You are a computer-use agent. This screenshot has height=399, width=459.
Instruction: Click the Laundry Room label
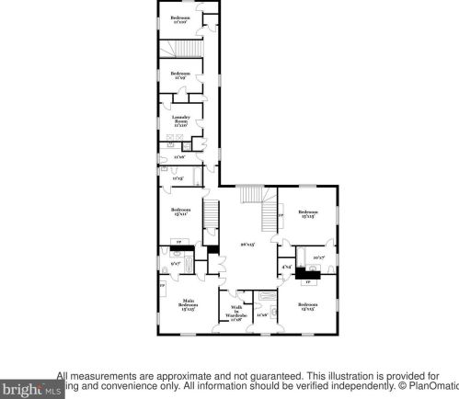pos(179,120)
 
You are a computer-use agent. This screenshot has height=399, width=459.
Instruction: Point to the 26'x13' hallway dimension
pos(247,245)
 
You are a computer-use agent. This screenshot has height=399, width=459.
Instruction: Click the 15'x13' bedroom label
pos(307,214)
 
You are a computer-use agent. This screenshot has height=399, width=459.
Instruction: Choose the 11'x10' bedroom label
pos(181,18)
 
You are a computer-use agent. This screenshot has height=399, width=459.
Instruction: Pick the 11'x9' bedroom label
pos(180,75)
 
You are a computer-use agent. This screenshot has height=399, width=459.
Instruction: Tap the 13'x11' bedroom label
pos(180,212)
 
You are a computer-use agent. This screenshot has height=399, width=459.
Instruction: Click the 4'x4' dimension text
pos(286,268)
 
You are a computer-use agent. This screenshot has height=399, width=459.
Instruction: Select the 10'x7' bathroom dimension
pos(319,256)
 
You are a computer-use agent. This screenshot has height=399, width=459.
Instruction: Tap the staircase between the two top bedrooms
pos(181,50)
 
